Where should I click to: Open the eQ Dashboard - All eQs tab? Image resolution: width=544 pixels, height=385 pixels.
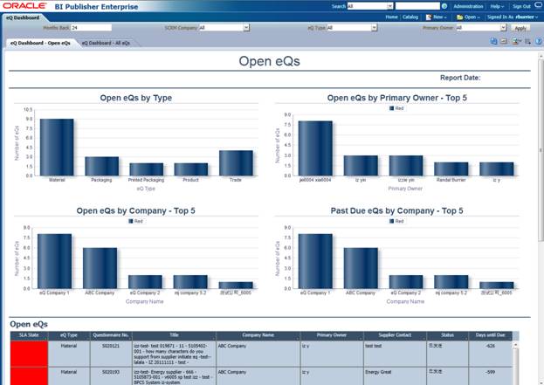pyautogui.click(x=106, y=42)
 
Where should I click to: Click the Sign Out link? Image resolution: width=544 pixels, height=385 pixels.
pyautogui.click(x=520, y=6)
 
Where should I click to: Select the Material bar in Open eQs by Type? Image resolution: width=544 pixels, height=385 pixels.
pyautogui.click(x=56, y=147)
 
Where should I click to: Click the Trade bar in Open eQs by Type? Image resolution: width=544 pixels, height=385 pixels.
pyautogui.click(x=236, y=162)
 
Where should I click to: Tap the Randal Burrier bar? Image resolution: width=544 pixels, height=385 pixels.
pyautogui.click(x=451, y=168)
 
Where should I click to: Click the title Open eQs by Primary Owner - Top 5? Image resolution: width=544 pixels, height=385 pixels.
pyautogui.click(x=396, y=98)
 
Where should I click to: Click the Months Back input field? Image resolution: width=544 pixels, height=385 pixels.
pyautogui.click(x=91, y=28)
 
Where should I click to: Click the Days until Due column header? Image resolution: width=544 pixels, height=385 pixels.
pyautogui.click(x=490, y=334)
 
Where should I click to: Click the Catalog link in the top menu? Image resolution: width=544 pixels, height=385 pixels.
pyautogui.click(x=410, y=17)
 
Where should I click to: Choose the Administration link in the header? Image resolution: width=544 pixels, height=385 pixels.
pyautogui.click(x=468, y=6)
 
